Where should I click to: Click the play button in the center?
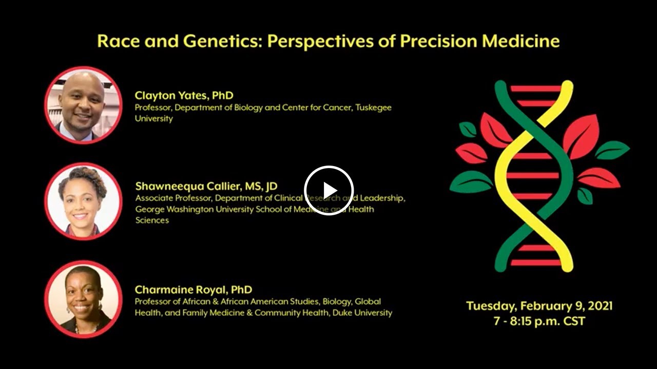click(328, 190)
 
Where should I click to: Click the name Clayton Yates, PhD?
click(184, 95)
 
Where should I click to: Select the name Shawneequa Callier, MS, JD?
click(206, 186)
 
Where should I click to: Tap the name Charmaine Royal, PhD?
click(193, 290)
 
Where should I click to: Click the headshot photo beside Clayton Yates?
click(83, 105)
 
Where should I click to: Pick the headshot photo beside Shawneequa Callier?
click(83, 201)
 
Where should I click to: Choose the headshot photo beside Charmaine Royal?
click(83, 299)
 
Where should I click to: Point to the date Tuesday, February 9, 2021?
click(539, 306)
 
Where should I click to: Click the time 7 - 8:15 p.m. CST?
click(539, 322)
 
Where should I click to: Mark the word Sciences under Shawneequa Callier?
click(152, 220)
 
